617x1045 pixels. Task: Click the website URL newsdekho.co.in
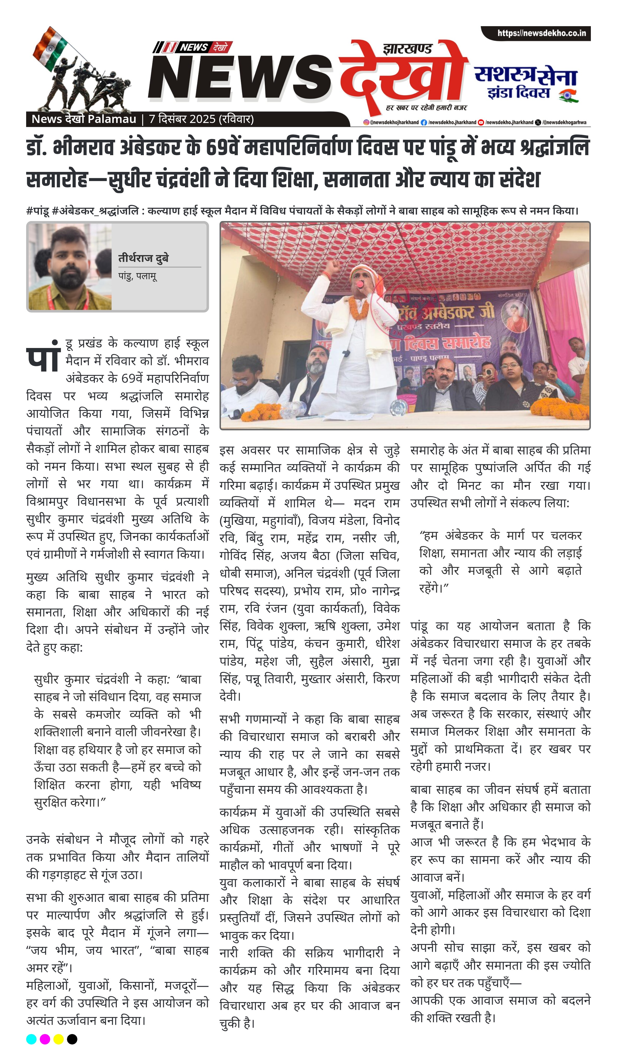pyautogui.click(x=541, y=33)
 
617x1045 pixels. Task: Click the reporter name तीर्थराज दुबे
pyautogui.click(x=144, y=258)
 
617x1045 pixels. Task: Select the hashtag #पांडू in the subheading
pyautogui.click(x=37, y=211)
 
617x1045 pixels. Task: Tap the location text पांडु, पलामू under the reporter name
pyautogui.click(x=138, y=276)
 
